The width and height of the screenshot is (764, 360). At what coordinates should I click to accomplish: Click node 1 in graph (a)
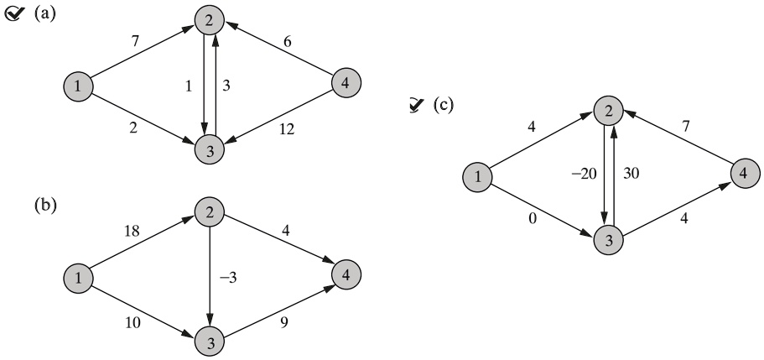coord(78,86)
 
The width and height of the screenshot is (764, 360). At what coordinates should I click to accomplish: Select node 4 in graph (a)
coord(346,84)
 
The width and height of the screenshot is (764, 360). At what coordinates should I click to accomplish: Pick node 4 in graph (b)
coord(346,275)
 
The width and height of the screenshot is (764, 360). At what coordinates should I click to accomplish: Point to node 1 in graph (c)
coord(477,177)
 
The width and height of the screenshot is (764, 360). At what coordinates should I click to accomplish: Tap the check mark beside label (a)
coord(13,15)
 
